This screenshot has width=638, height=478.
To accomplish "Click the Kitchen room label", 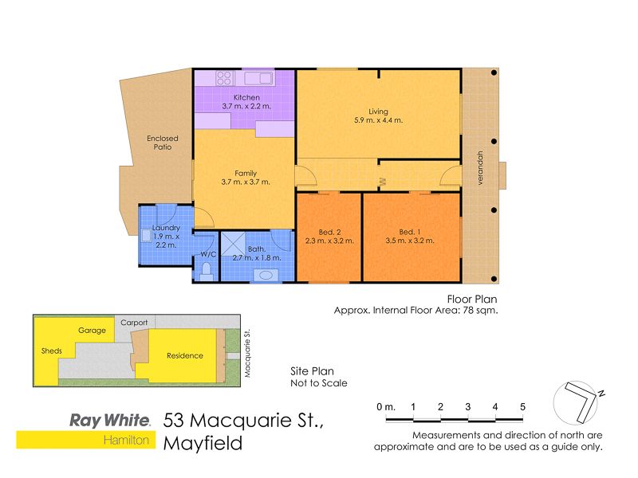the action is pyautogui.click(x=246, y=97).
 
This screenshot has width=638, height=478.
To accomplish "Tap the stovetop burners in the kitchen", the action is pyautogui.click(x=224, y=77).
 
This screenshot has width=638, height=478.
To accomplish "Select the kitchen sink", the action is pyautogui.click(x=258, y=78).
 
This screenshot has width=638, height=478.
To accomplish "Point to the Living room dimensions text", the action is pyautogui.click(x=378, y=120).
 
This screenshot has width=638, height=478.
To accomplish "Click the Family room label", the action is pyautogui.click(x=246, y=173).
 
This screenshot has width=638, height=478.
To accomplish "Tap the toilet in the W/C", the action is pyautogui.click(x=207, y=271).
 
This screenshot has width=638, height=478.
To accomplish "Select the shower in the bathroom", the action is pyautogui.click(x=233, y=244).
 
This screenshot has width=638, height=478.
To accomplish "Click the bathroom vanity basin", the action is pyautogui.click(x=266, y=275).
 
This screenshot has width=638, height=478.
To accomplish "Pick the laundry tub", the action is pyautogui.click(x=147, y=236).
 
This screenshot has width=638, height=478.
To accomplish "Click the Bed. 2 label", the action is pyautogui.click(x=329, y=232).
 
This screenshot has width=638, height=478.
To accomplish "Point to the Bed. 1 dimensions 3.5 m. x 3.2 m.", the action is pyautogui.click(x=410, y=241).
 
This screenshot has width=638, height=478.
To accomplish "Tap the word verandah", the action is pyautogui.click(x=480, y=168).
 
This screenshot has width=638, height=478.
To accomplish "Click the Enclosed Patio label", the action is pyautogui.click(x=163, y=143).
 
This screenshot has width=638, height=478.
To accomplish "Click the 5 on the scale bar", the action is pyautogui.click(x=522, y=407).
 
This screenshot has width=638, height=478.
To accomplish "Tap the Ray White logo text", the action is pyautogui.click(x=110, y=421).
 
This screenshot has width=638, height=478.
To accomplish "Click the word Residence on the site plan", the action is pyautogui.click(x=185, y=355).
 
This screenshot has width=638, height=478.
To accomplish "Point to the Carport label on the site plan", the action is pyautogui.click(x=134, y=323).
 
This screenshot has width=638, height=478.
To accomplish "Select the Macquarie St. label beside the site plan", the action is pyautogui.click(x=247, y=353).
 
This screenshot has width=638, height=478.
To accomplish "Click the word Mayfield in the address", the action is pyautogui.click(x=203, y=444).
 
